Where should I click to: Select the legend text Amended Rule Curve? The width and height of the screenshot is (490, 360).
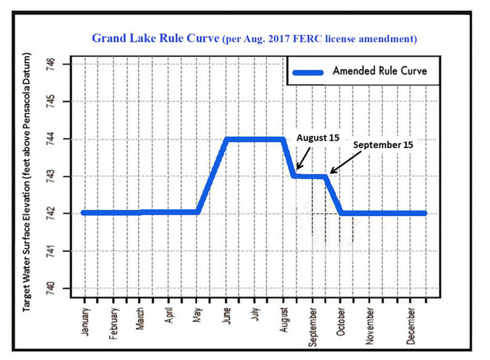(x=379, y=71)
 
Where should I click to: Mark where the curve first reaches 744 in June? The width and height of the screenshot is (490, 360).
(x=226, y=139)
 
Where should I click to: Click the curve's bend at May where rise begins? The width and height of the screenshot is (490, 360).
(x=198, y=212)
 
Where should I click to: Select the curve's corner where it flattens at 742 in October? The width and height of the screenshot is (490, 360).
(x=340, y=213)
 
